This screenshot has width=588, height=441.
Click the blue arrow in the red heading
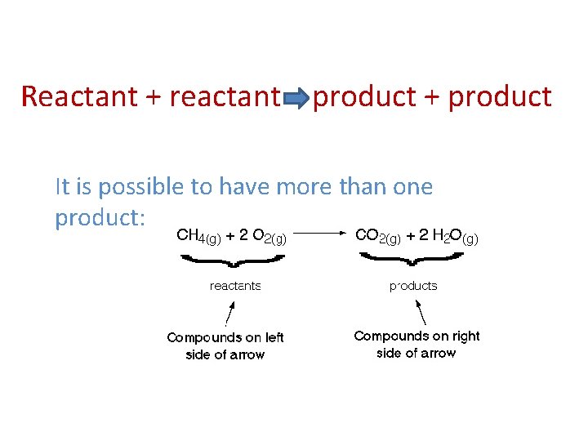click(296, 99)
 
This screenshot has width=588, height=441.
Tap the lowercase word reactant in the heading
click(225, 97)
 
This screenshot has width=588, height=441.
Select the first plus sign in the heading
click(152, 97)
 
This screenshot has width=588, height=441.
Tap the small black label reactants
click(235, 286)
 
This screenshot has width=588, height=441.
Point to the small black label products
click(413, 286)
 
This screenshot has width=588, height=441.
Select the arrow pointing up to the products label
click(421, 312)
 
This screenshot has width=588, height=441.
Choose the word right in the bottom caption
click(464, 336)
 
